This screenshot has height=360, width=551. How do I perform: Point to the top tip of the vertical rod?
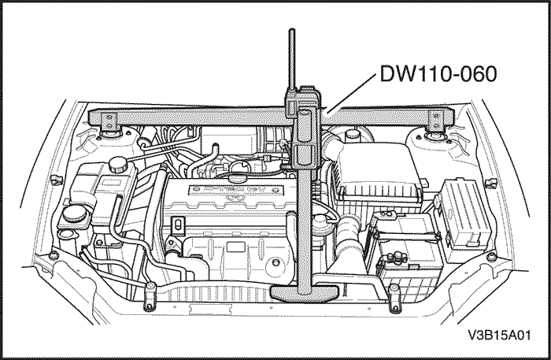[293, 33]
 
